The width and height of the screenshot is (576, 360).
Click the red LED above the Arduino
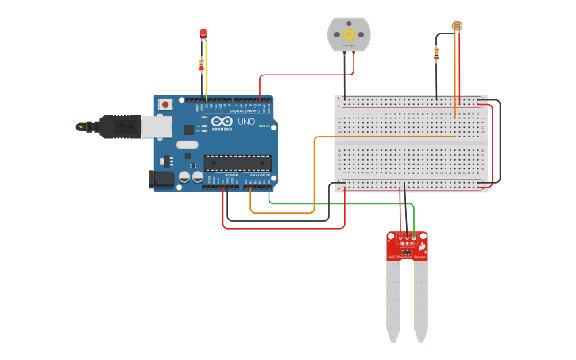pyautogui.click(x=203, y=33)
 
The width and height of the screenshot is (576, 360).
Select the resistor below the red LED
pyautogui.click(x=202, y=64)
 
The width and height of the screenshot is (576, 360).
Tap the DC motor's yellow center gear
pyautogui.click(x=349, y=35)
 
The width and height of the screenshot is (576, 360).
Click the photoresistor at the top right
pyautogui.click(x=457, y=26)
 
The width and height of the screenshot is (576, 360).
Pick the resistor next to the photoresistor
pyautogui.click(x=436, y=54)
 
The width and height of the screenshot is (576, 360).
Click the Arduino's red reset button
pyautogui.click(x=165, y=104)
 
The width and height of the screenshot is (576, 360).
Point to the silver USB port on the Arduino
pyautogui.click(x=157, y=126)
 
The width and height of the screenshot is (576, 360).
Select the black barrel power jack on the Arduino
pyautogui.click(x=162, y=179)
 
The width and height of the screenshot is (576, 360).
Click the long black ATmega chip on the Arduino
pyautogui.click(x=238, y=163)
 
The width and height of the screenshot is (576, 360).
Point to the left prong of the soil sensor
pyautogui.click(x=393, y=302)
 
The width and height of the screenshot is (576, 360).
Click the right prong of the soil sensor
pyautogui.click(x=420, y=302)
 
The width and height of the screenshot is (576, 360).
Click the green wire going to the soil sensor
pyautogui.click(x=334, y=203)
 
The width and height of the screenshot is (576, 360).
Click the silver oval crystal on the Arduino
pyautogui.click(x=187, y=145)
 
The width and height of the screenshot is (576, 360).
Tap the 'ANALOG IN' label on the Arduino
pyautogui.click(x=260, y=175)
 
